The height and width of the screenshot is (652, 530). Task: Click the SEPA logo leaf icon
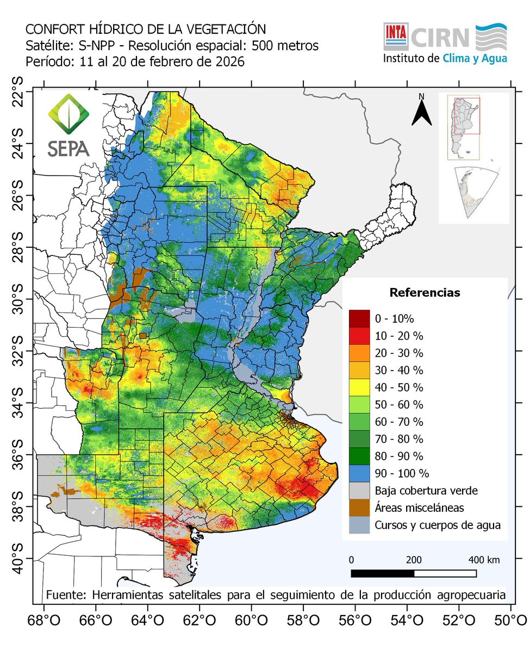point(68,115)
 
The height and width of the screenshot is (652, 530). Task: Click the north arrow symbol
point(421,112)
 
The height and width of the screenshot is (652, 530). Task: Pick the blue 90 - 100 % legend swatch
point(359,473)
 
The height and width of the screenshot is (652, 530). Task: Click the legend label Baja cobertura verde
point(426,491)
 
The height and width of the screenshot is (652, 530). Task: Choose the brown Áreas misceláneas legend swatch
point(359,507)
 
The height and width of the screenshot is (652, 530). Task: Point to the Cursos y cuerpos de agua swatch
point(359,525)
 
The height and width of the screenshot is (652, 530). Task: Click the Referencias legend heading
point(425,293)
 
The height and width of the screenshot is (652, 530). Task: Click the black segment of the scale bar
point(383,573)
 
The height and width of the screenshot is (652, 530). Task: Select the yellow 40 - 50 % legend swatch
point(359,388)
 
